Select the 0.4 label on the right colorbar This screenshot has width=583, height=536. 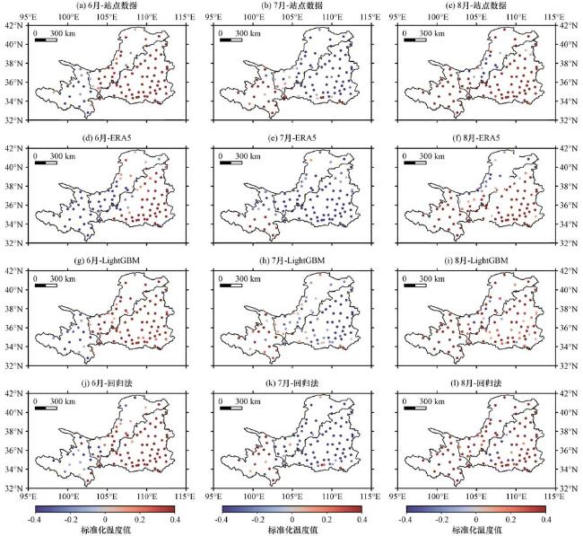point(545,519)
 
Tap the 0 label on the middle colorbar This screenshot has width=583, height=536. point(291,519)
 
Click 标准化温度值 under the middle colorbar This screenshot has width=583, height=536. point(291,530)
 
